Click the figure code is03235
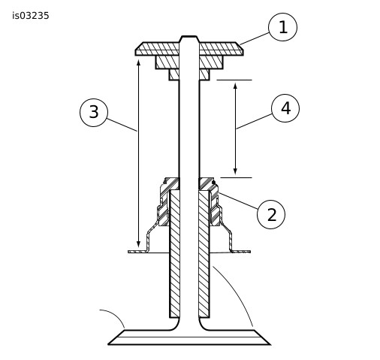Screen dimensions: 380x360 [x=31, y=16]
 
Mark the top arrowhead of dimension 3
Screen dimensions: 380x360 [x=138, y=63]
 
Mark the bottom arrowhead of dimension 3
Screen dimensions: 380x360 [x=138, y=244]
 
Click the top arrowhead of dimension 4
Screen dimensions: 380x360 [x=235, y=86]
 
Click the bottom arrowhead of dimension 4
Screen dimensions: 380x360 [x=235, y=171]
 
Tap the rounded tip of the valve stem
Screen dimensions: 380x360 [x=189, y=37]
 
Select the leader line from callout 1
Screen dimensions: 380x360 [x=255, y=38]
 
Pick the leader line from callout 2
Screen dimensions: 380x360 [x=238, y=201]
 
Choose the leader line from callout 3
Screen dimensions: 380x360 [x=122, y=125]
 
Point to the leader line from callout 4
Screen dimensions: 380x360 [x=255, y=122]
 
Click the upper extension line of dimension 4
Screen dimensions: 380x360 [x=234, y=80]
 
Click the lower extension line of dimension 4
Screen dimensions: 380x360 [x=236, y=177]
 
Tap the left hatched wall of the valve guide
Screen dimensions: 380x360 [x=174, y=253]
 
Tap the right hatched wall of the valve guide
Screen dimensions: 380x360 [x=204, y=253]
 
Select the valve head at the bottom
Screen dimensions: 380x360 [x=189, y=337]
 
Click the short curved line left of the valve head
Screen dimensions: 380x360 [x=116, y=315]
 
